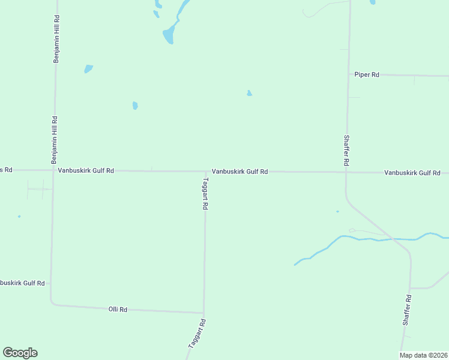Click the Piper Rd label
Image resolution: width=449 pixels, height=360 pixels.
[x=366, y=75]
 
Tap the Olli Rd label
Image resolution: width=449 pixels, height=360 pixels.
[x=118, y=310]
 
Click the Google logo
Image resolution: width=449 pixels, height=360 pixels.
[x=20, y=353]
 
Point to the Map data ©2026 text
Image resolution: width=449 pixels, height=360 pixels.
[x=423, y=355]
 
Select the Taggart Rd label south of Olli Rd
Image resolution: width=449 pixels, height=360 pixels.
[x=197, y=334]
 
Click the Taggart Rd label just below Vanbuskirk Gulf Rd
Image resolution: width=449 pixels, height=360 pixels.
[x=205, y=193]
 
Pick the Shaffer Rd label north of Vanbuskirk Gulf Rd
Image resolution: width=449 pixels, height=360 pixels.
[x=346, y=151]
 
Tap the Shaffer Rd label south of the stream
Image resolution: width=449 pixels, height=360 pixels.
[x=407, y=310]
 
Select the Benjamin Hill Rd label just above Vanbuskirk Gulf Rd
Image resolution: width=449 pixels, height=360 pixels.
[x=54, y=140]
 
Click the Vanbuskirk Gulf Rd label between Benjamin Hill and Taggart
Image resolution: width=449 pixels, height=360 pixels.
[x=86, y=170]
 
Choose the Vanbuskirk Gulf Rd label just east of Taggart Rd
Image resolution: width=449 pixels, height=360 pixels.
[x=240, y=172]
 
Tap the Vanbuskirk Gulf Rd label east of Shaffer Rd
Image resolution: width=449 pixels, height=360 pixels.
[x=412, y=173]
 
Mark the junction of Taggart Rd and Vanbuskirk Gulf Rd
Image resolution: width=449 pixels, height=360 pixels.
[x=205, y=172]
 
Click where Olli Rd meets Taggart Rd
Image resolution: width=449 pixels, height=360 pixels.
[x=204, y=313]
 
